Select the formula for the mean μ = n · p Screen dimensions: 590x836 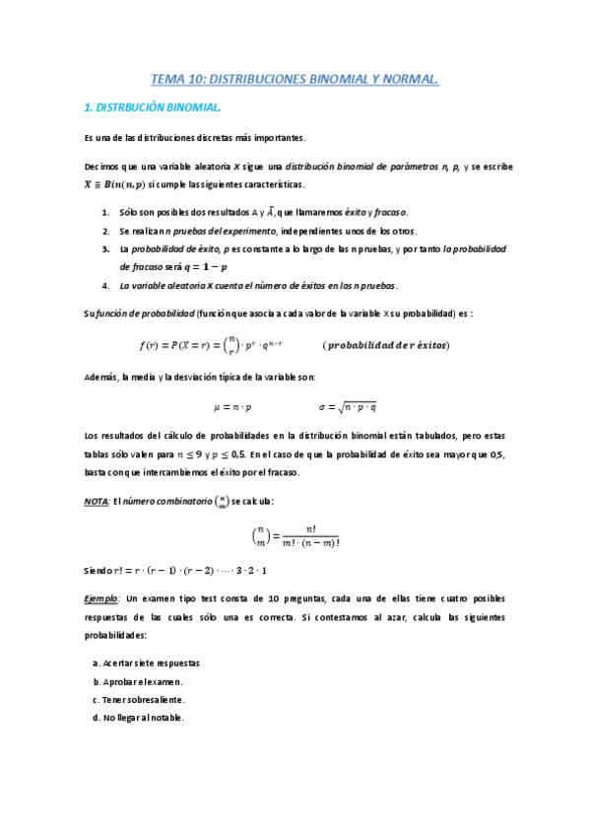(232, 406)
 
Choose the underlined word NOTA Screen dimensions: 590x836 (98, 502)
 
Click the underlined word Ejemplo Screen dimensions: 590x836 (102, 598)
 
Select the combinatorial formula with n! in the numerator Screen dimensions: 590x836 (295, 536)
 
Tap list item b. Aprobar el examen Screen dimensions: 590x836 (138, 681)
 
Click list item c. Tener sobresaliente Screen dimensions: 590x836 (139, 700)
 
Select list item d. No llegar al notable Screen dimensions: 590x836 (139, 718)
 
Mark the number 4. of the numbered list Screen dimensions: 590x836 (105, 286)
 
